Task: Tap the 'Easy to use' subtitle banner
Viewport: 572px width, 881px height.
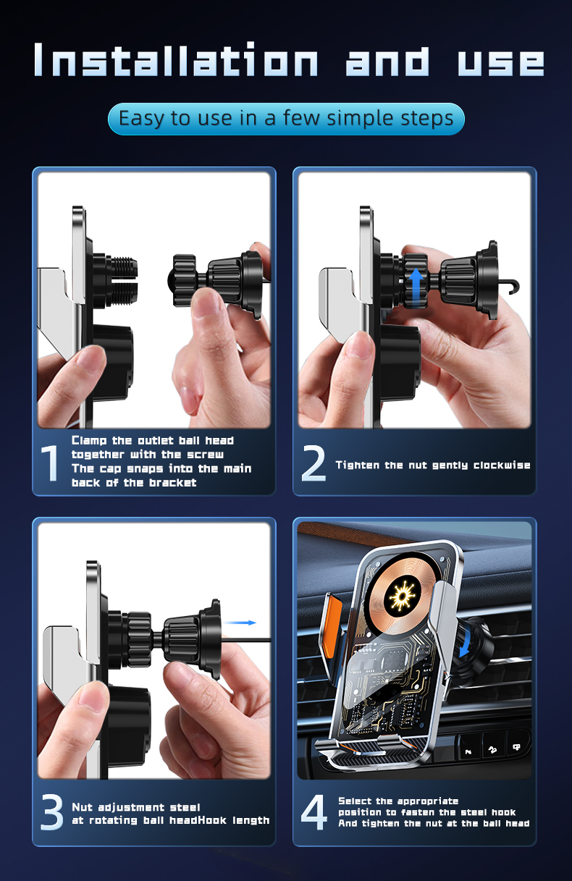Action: click(286, 119)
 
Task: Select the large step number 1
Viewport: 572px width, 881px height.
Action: click(50, 463)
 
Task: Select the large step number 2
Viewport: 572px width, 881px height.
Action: click(314, 465)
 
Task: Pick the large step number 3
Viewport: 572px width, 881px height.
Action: click(51, 813)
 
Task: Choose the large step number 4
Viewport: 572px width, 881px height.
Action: click(314, 813)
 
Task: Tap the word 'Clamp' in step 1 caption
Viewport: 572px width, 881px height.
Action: click(91, 440)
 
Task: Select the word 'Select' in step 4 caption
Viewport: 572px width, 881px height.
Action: click(356, 801)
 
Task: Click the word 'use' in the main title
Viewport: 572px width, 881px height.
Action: click(500, 59)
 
